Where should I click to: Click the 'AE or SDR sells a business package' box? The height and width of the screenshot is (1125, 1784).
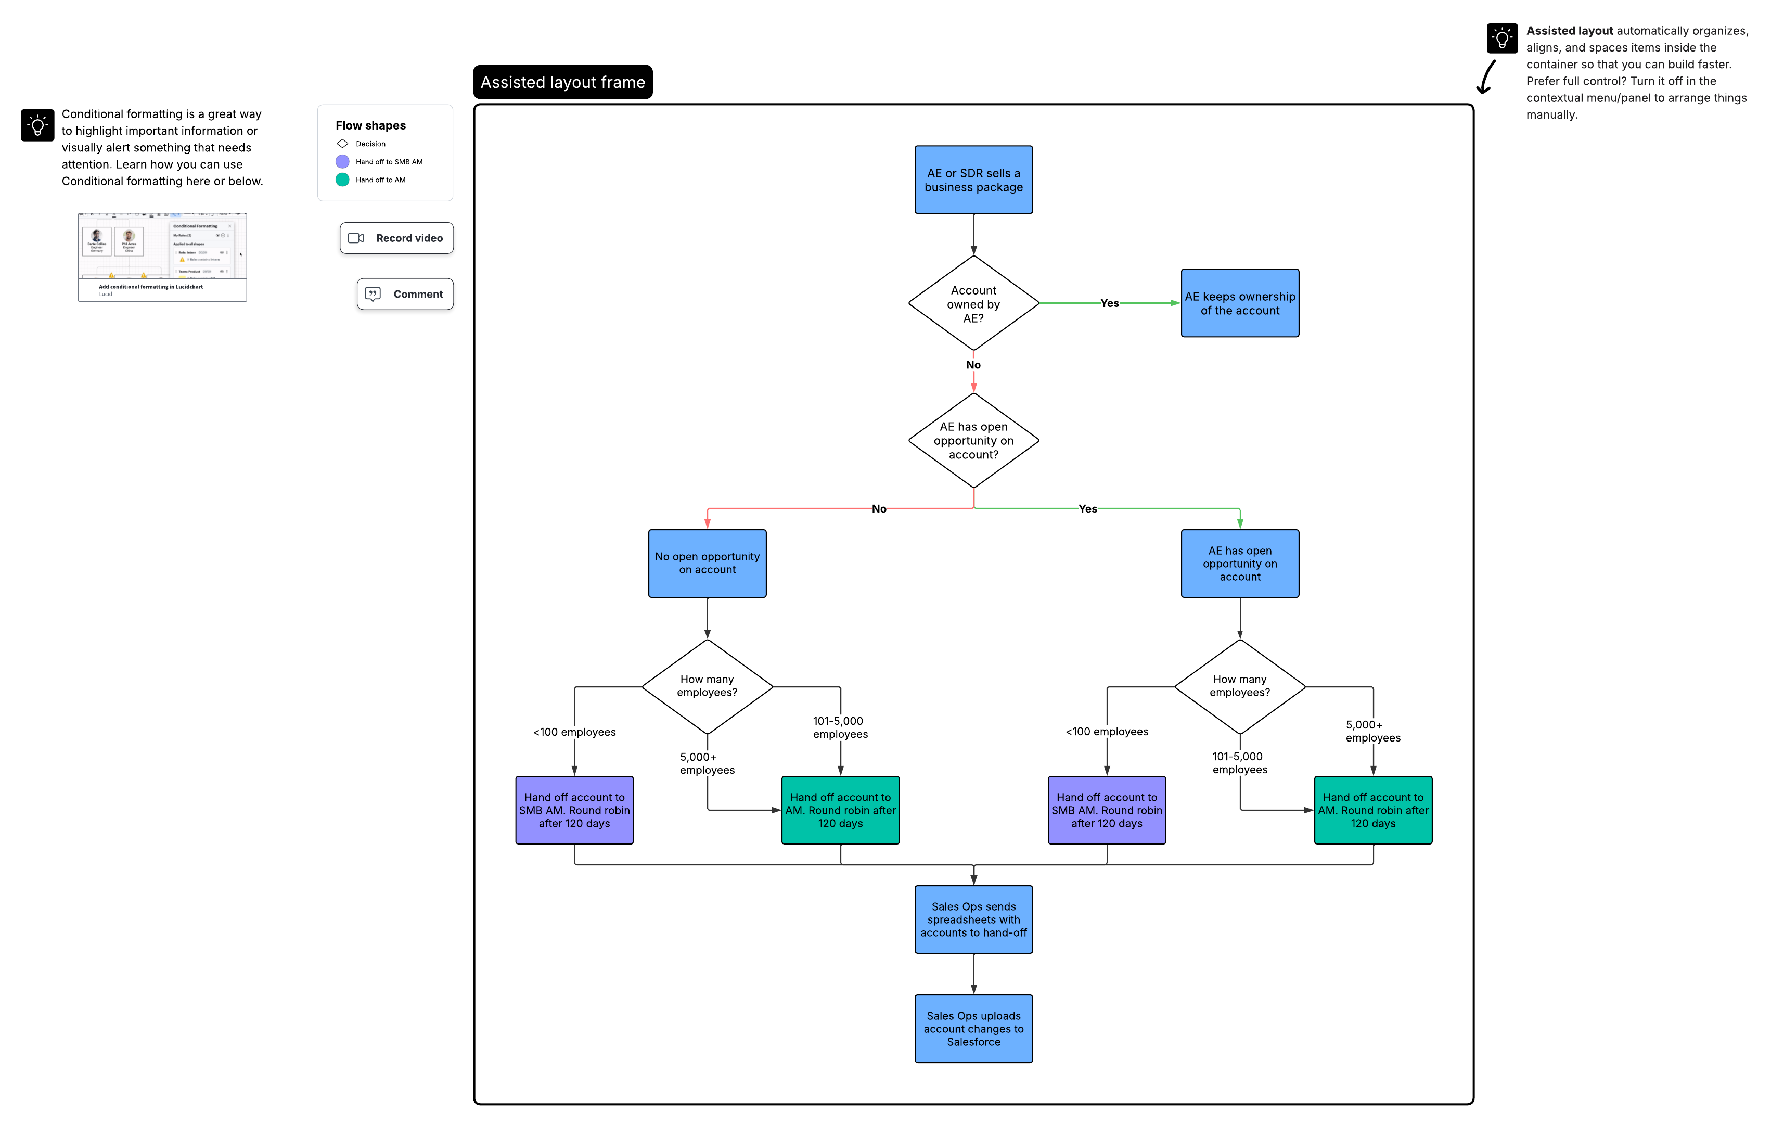[973, 180]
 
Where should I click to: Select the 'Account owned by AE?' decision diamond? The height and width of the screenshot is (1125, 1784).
[973, 303]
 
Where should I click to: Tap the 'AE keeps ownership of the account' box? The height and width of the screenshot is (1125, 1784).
[1239, 303]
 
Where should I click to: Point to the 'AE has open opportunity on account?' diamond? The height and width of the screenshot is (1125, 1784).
[973, 440]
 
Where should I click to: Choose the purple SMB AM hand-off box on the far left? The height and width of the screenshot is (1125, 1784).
[574, 810]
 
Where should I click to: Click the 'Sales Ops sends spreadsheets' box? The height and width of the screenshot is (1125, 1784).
[973, 919]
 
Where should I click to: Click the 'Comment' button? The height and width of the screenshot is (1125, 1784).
[405, 294]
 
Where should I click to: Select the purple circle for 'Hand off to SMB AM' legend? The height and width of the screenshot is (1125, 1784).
[342, 161]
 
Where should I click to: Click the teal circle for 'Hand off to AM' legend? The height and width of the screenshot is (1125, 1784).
[342, 180]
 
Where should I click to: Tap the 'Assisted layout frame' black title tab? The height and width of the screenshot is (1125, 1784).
[562, 82]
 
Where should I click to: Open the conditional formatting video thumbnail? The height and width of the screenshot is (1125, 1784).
[162, 257]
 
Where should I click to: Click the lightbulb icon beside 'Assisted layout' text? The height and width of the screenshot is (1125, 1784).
[1501, 39]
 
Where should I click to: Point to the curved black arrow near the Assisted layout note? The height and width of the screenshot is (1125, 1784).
[1485, 78]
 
